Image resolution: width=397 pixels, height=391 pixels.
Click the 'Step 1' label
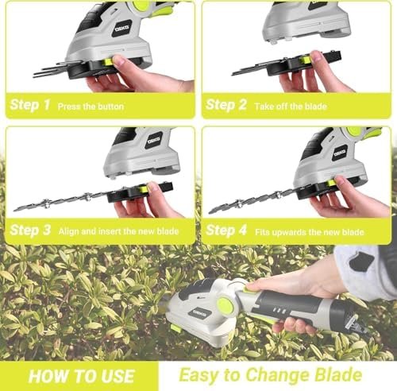[30, 104]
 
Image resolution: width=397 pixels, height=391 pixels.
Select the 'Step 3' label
[30, 230]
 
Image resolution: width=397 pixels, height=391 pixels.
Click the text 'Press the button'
[90, 105]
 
